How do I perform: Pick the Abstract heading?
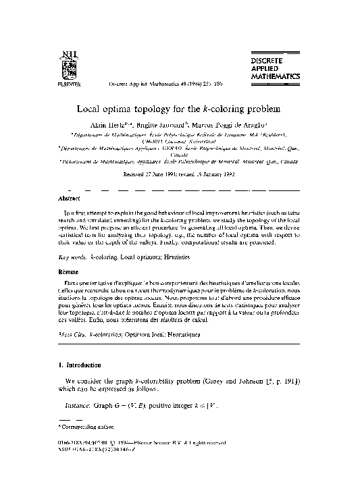point(65,199)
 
